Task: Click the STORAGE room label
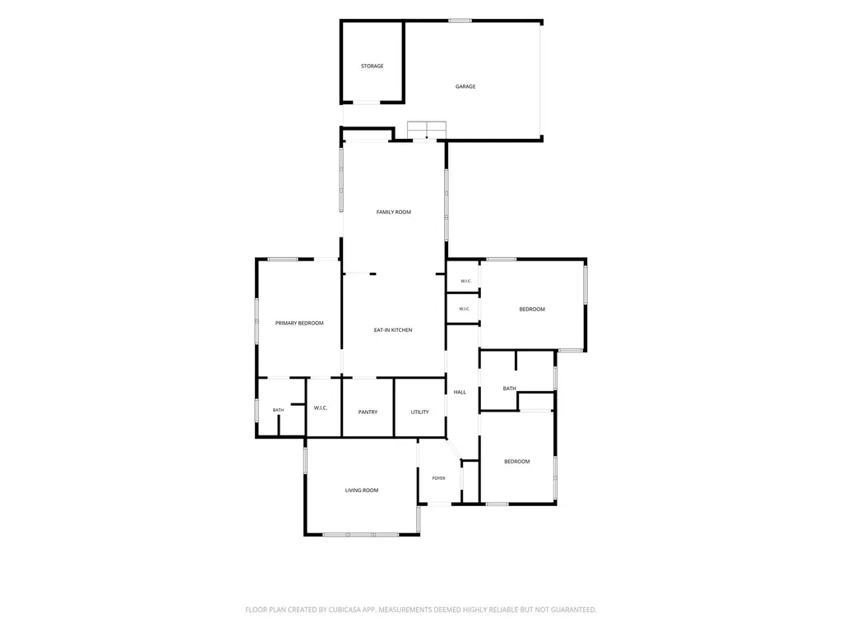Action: (x=372, y=66)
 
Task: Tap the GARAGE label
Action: (x=465, y=86)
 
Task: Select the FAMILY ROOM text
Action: (x=394, y=212)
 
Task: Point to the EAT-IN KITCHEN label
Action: (x=393, y=330)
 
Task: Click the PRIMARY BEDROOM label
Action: (x=299, y=323)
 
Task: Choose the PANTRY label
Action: (x=368, y=412)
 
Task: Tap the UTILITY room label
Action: (x=420, y=412)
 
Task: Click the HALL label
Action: (x=460, y=392)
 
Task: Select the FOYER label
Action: (x=439, y=478)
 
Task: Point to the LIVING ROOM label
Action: (x=362, y=491)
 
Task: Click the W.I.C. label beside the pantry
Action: (x=321, y=408)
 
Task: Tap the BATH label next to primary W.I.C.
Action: (x=278, y=410)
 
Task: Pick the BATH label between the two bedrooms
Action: (x=510, y=389)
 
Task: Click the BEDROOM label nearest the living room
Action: (x=517, y=462)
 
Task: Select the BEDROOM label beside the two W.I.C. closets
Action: (x=532, y=309)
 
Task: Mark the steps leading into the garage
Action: (x=427, y=131)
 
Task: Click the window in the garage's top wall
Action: (x=460, y=21)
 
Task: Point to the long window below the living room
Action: (x=360, y=534)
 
